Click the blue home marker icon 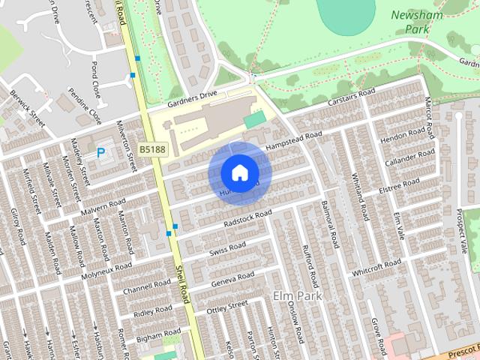pyautogui.click(x=239, y=173)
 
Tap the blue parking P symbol pyautogui.click(x=101, y=153)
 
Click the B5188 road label pyautogui.click(x=152, y=150)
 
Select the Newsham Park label pyautogui.click(x=416, y=22)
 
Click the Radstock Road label pyautogui.click(x=247, y=217)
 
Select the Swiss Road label pyautogui.click(x=227, y=247)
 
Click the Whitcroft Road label pyautogui.click(x=376, y=267)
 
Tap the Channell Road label pyautogui.click(x=148, y=286)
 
